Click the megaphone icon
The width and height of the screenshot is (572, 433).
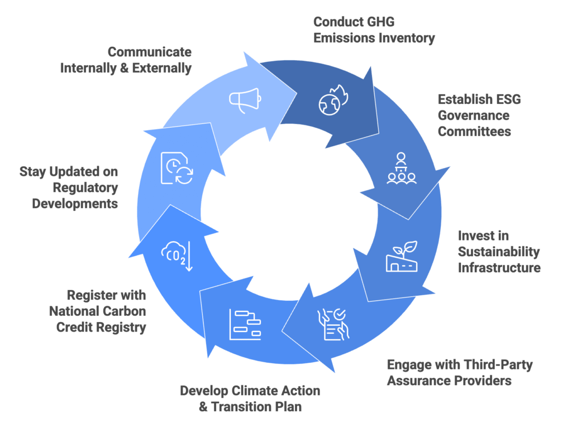point(245,99)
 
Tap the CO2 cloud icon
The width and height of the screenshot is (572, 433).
point(177,256)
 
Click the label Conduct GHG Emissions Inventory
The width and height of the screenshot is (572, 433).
point(374,30)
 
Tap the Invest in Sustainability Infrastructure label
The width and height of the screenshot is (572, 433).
point(499,252)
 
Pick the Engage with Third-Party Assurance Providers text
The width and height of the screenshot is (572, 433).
point(460,373)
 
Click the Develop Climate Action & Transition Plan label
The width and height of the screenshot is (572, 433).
point(250,398)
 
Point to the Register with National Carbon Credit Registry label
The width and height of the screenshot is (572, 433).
point(98,311)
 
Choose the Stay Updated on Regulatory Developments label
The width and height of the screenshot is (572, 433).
point(69,187)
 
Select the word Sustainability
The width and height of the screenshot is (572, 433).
point(499,252)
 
